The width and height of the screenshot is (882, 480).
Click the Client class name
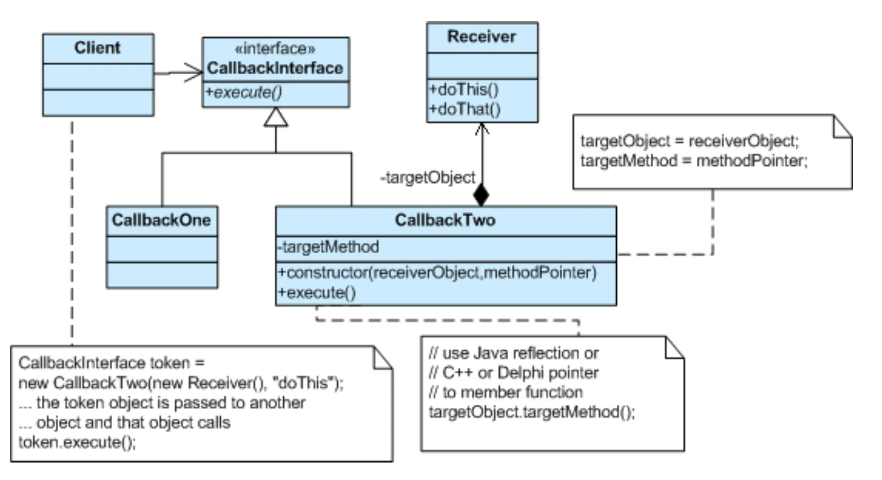pos(97,48)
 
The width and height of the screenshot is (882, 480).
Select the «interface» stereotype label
pos(275,49)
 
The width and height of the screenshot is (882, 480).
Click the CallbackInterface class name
pos(275,68)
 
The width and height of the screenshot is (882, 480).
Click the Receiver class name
pos(481,37)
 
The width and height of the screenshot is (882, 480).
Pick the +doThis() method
pos(464,89)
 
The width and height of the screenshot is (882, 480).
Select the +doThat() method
pos(464,109)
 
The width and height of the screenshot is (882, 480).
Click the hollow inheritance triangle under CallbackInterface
pos(276,118)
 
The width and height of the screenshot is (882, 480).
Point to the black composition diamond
pos(481,195)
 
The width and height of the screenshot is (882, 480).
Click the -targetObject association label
pos(428,177)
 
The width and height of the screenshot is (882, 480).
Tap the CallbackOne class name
pos(161,220)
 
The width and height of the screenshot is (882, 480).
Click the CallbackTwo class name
pos(445,220)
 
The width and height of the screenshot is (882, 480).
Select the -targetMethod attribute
pos(328,247)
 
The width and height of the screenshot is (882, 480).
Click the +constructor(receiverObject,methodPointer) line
pos(437,272)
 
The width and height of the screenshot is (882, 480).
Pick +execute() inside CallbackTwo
pos(317,292)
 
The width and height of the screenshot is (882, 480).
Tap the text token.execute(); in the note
pos(77,442)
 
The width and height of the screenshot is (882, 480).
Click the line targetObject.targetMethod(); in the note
pos(531,412)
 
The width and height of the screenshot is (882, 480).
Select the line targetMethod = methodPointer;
pos(694,161)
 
